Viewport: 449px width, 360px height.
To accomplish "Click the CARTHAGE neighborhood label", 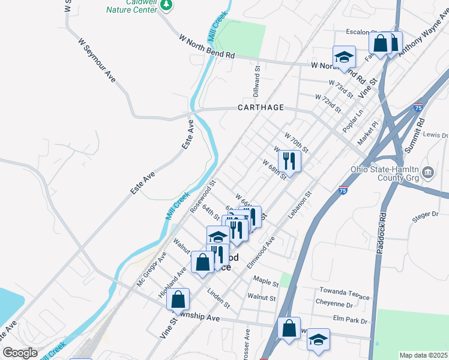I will pos(261,108).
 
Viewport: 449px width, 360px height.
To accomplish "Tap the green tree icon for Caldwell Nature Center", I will pos(167,5).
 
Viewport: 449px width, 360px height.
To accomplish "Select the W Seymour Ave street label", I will pos(97,60).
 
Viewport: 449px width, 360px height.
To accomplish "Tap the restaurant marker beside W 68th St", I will pos(289,161).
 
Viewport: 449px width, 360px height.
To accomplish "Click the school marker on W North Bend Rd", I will pos(345,58).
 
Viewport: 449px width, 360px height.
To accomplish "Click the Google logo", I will pos(20,353).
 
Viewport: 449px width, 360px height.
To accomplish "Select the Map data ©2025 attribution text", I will pos(423,355).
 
